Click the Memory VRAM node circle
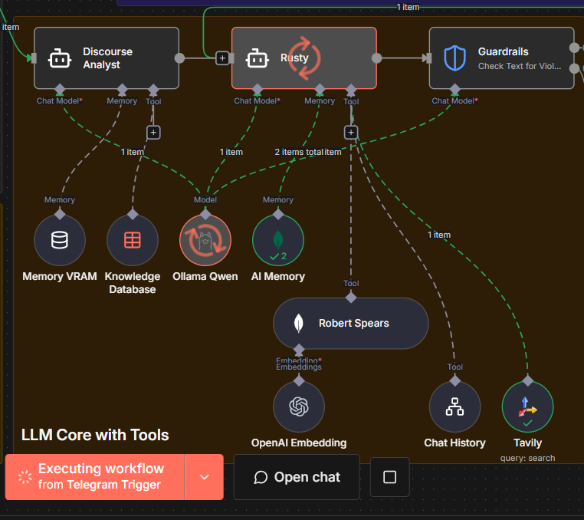tap(60, 240)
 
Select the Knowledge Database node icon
tap(133, 240)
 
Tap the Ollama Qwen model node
tap(205, 240)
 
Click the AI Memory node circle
tap(278, 240)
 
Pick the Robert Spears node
tap(351, 323)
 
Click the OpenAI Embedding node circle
tap(299, 407)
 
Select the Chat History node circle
tap(455, 407)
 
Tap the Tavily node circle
tap(527, 407)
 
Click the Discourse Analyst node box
tap(107, 58)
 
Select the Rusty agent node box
tap(304, 58)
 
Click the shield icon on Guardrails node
tap(454, 58)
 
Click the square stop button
tap(389, 477)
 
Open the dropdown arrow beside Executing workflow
tap(204, 477)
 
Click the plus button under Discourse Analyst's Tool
tap(153, 133)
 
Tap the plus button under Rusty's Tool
tap(351, 133)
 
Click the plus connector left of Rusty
tap(222, 58)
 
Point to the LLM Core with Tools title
tap(95, 435)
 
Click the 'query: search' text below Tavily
tap(527, 458)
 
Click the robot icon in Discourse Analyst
tap(60, 58)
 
